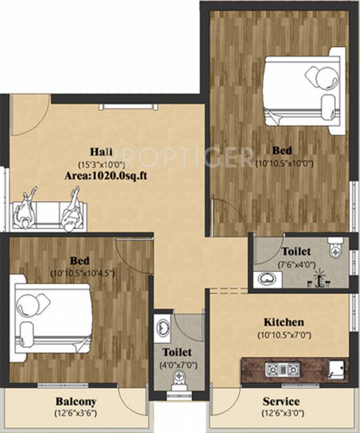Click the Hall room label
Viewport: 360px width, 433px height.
[101, 152]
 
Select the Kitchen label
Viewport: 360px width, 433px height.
[284, 322]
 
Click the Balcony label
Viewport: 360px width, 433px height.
[75, 402]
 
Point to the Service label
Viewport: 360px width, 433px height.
[281, 402]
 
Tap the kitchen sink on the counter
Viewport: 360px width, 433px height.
[337, 368]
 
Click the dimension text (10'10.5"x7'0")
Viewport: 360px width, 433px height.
[284, 335]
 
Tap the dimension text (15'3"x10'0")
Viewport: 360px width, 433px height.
[102, 164]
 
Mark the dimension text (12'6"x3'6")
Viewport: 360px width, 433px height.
[75, 414]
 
